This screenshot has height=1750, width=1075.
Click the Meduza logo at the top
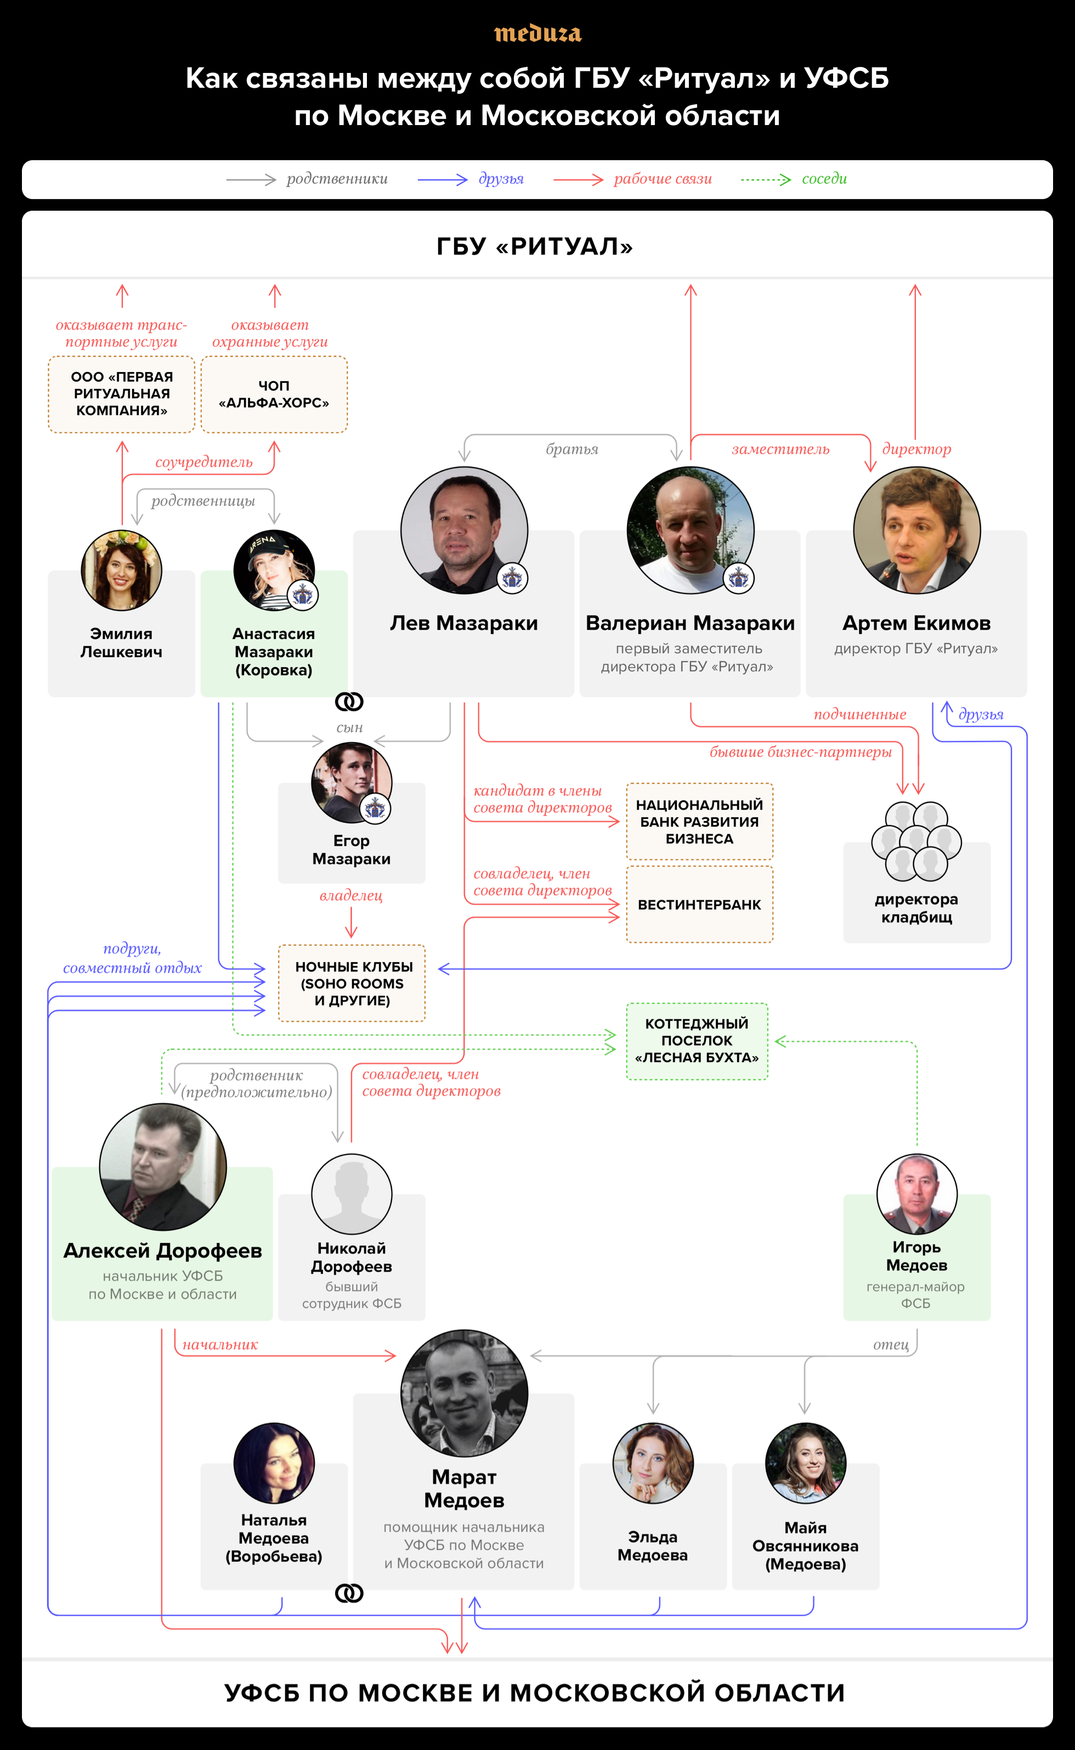(x=537, y=33)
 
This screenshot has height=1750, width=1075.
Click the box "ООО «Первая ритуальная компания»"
(x=122, y=394)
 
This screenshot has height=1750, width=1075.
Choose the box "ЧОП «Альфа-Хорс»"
(x=274, y=394)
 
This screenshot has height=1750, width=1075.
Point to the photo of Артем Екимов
(x=916, y=530)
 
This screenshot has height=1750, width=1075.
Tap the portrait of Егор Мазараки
(x=351, y=782)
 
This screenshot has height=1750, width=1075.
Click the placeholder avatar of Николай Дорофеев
(x=351, y=1194)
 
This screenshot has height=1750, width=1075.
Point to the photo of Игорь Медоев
(x=916, y=1194)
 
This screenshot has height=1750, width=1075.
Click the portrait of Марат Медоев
(x=463, y=1393)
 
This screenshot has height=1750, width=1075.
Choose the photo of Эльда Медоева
(x=653, y=1463)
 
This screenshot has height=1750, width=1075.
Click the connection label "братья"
(x=572, y=449)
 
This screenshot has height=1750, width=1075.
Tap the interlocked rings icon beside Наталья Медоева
(x=349, y=1594)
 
